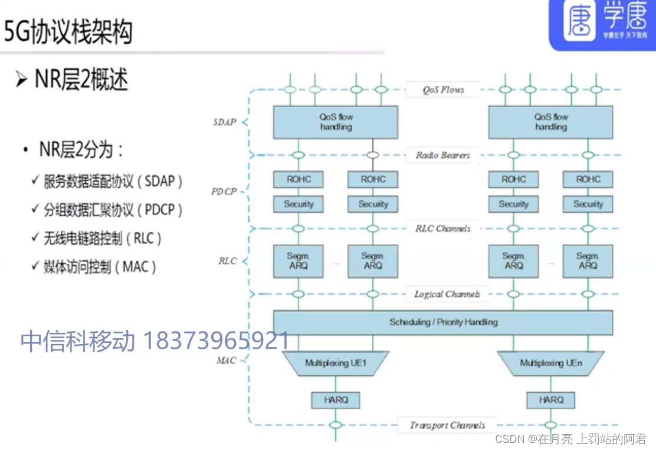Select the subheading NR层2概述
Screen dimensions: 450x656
pyautogui.click(x=81, y=80)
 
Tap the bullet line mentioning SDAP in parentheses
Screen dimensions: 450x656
pyautogui.click(x=113, y=181)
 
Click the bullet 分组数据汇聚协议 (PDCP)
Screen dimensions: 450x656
pyautogui.click(x=113, y=210)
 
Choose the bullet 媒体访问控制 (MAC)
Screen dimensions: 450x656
pyautogui.click(x=100, y=267)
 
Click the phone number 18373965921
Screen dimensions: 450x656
pyautogui.click(x=216, y=341)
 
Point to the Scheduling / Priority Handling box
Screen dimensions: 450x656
pyautogui.click(x=443, y=322)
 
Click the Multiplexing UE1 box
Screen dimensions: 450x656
pyautogui.click(x=336, y=363)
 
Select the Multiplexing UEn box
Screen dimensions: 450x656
pyautogui.click(x=550, y=363)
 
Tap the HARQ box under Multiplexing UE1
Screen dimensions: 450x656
pyautogui.click(x=336, y=400)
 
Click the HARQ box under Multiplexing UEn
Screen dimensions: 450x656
pyautogui.click(x=550, y=400)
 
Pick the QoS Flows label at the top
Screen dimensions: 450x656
pyautogui.click(x=443, y=90)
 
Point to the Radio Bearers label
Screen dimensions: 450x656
pyautogui.click(x=443, y=155)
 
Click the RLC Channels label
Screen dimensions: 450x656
pyautogui.click(x=443, y=229)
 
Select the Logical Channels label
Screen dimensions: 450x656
pyautogui.click(x=447, y=294)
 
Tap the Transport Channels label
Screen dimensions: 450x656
pyautogui.click(x=448, y=425)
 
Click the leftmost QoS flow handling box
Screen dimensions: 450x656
pyautogui.click(x=336, y=122)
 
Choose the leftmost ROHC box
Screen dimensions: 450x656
pyautogui.click(x=299, y=179)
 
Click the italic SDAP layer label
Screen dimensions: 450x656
pyautogui.click(x=224, y=123)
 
